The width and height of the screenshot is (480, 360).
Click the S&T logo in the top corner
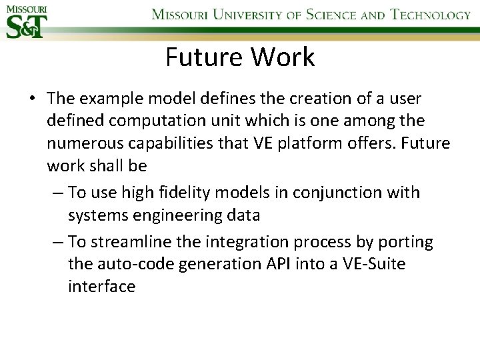25,21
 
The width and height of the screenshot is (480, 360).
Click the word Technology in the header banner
431,15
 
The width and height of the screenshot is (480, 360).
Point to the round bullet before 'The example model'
32,99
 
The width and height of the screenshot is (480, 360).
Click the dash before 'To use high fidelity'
57,193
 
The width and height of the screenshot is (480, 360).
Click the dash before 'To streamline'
57,242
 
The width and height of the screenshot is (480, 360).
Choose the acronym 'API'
299,264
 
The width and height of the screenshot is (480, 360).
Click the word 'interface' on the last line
101,287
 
